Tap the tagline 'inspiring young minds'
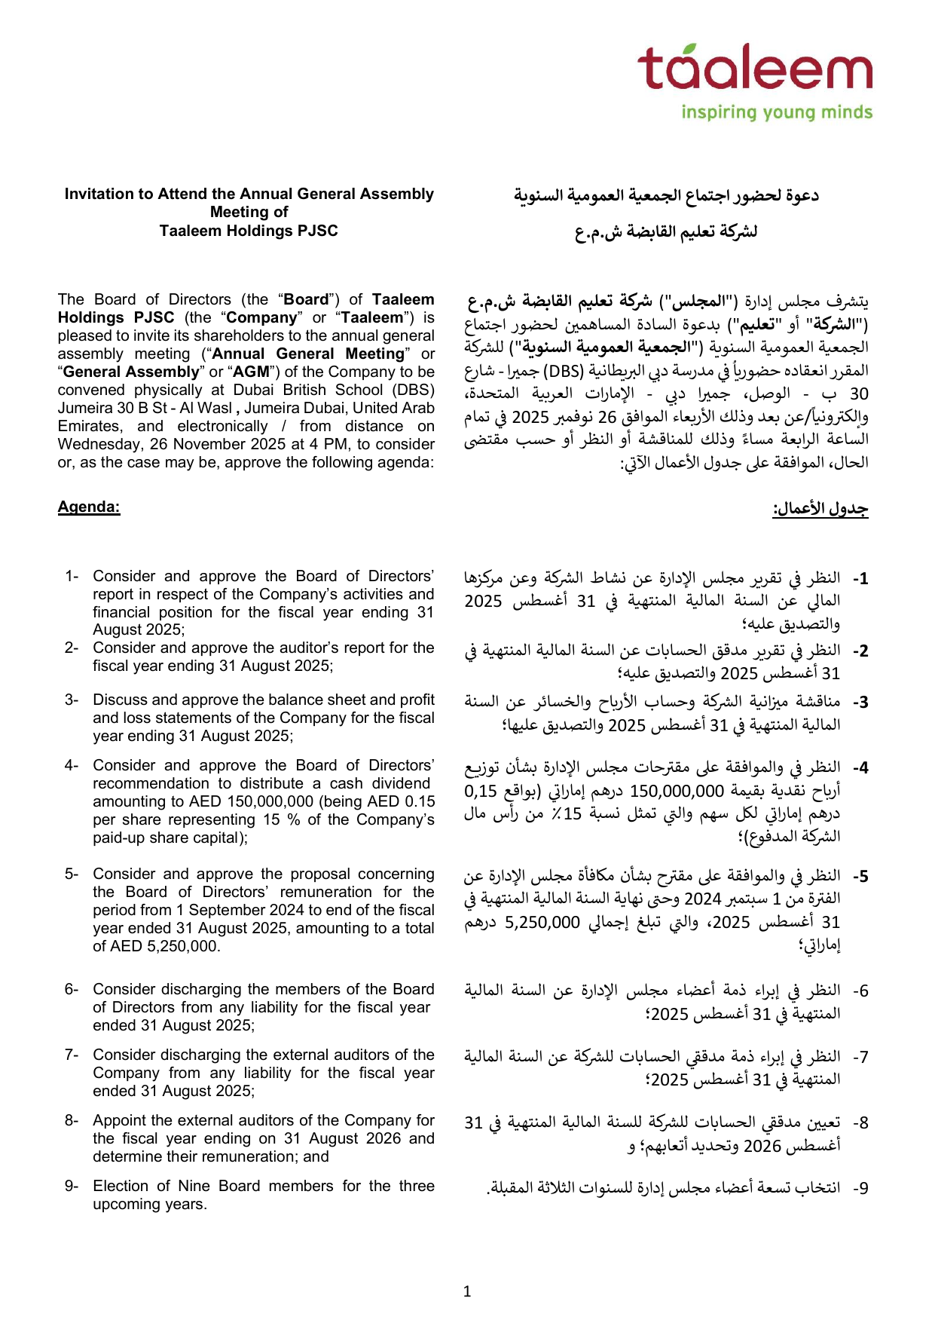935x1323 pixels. (776, 112)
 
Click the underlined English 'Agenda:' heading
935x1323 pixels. (89, 507)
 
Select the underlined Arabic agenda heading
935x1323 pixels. (820, 509)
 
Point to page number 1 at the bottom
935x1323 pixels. (467, 1291)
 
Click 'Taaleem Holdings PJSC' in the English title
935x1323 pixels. (249, 231)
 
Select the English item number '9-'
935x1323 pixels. (72, 1186)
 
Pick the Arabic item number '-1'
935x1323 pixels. (860, 579)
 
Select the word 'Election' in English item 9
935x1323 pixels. (121, 1186)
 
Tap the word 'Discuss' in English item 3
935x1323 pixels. (118, 700)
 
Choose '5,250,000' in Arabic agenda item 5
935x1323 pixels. (542, 922)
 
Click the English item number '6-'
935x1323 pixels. (72, 989)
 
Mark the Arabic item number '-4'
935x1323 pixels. (860, 768)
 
